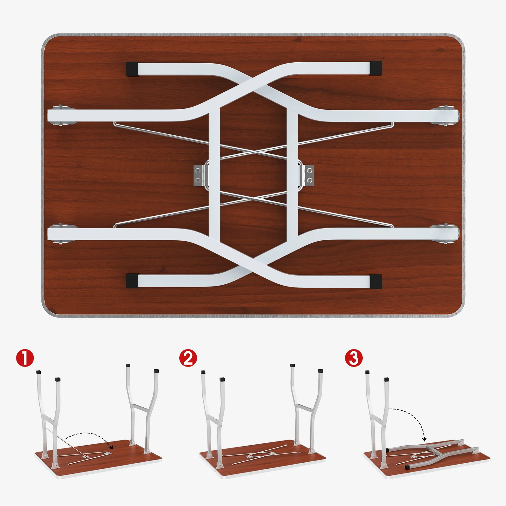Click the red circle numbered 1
pyautogui.click(x=25, y=358)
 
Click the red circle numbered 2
pyautogui.click(x=188, y=358)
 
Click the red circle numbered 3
pyautogui.click(x=354, y=358)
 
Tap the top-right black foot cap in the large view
pyautogui.click(x=375, y=68)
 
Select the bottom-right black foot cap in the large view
pyautogui.click(x=375, y=281)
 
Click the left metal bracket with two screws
pyautogui.click(x=198, y=176)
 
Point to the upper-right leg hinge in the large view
pyautogui.click(x=446, y=116)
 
